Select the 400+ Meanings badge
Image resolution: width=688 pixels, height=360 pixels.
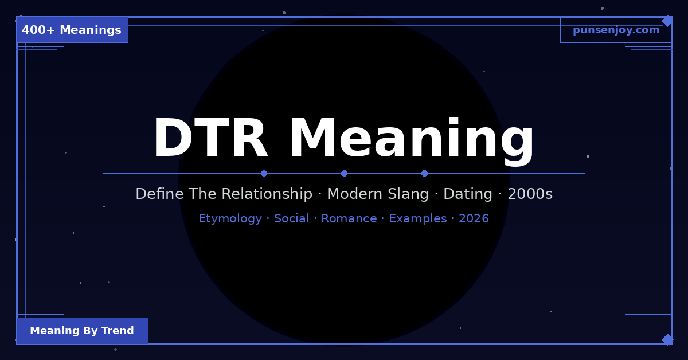pos(72,30)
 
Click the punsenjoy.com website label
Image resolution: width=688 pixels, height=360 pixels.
pos(616,30)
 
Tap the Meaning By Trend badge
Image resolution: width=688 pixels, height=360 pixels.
pos(82,331)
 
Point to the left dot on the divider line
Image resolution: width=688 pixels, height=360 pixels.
pos(264,173)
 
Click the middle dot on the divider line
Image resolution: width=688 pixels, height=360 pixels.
pos(344,173)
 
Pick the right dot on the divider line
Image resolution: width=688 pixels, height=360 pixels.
pos(424,173)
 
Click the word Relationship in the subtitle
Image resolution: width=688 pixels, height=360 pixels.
pos(267,194)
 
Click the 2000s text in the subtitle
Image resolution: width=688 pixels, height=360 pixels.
pos(530,194)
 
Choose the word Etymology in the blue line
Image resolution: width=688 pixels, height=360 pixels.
pos(230,218)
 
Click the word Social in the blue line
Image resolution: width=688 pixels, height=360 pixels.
pos(291,218)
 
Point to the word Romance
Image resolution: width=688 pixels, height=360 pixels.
pos(349,218)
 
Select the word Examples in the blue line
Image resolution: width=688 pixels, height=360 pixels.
pos(417,218)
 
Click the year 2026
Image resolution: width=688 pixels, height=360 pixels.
pos(474,218)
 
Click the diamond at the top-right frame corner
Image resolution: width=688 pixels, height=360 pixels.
pos(667,21)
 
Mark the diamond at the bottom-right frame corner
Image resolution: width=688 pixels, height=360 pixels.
pos(667,339)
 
